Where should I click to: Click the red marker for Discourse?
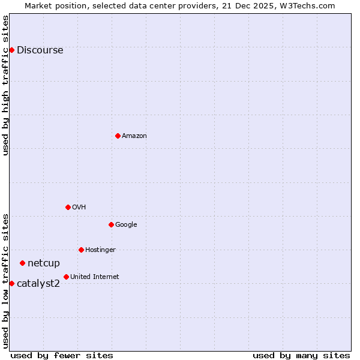click(x=11, y=50)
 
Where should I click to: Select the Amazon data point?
click(x=118, y=136)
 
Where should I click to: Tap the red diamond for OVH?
click(x=68, y=207)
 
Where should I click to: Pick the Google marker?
click(x=111, y=224)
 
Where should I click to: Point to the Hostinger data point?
click(x=81, y=250)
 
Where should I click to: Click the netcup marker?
click(x=22, y=263)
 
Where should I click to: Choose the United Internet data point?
click(x=66, y=277)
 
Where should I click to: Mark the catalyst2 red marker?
click(x=11, y=283)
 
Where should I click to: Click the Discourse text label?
click(x=40, y=50)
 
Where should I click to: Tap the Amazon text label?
click(x=134, y=136)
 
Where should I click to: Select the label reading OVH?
click(x=79, y=208)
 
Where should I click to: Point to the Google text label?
click(x=126, y=225)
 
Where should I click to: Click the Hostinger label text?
click(x=100, y=250)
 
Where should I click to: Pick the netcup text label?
click(x=44, y=263)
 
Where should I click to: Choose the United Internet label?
click(x=95, y=277)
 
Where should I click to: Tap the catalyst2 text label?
click(x=38, y=284)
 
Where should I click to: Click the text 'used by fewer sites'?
click(x=62, y=355)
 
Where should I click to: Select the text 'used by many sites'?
click(x=301, y=355)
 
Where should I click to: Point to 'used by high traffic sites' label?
click(x=6, y=85)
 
